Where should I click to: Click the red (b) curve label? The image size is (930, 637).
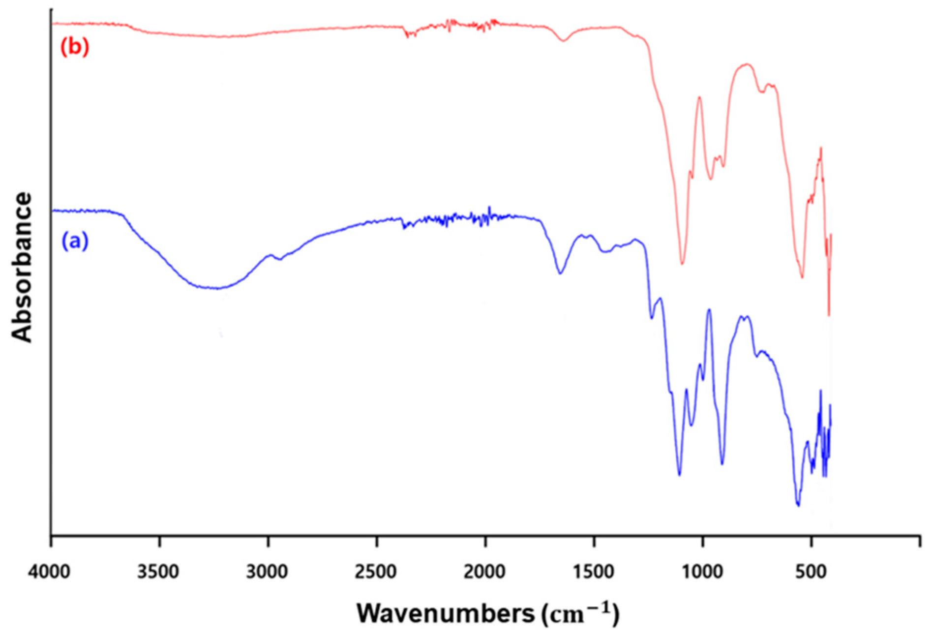tap(75, 47)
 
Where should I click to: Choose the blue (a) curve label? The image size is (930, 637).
tap(75, 241)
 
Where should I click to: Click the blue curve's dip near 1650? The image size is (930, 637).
tap(560, 273)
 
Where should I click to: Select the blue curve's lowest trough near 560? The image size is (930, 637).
tap(798, 505)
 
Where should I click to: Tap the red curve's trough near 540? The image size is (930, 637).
tap(802, 277)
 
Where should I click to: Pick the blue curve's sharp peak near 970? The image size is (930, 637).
tap(709, 309)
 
